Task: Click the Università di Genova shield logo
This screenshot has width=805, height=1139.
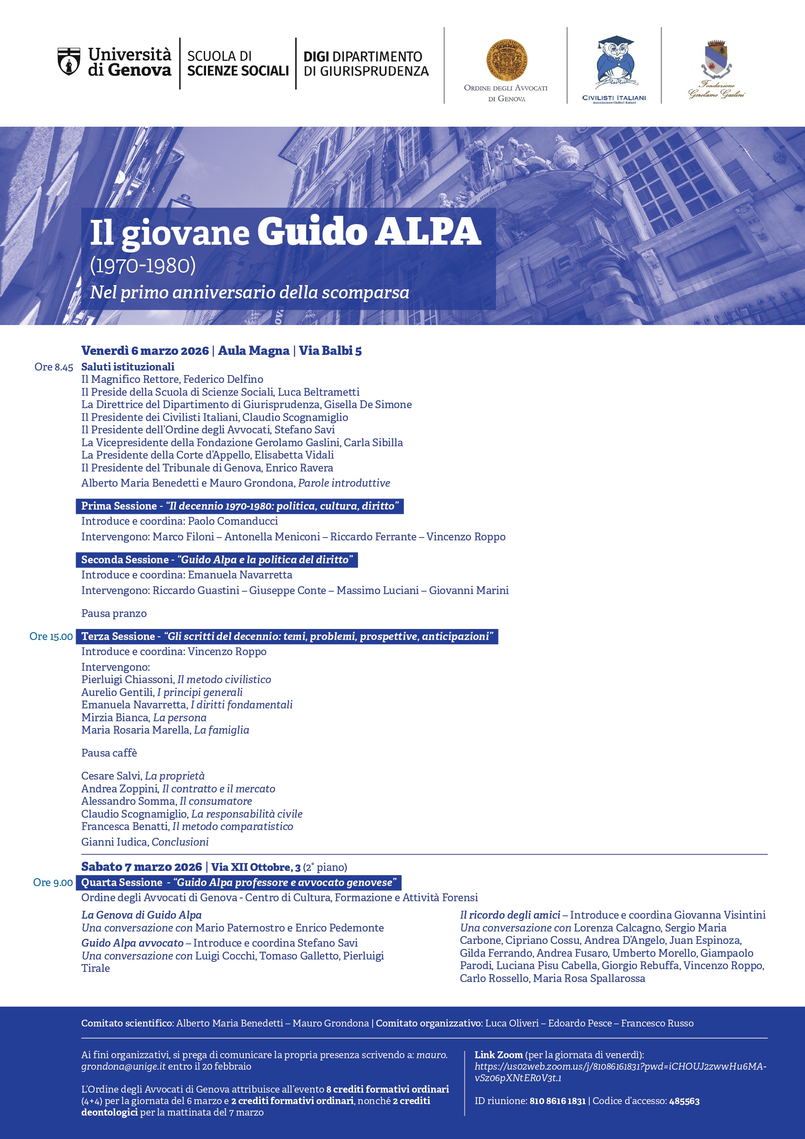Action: coord(69,62)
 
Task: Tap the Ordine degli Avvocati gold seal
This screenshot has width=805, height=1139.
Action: coord(506,61)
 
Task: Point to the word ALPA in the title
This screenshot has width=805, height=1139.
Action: coord(428,232)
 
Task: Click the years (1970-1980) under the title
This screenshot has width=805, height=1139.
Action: coord(143,266)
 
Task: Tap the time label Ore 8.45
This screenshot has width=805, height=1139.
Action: coord(54,367)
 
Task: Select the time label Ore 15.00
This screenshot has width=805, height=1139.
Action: coord(51,636)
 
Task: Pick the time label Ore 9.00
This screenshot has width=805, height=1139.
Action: coord(53,882)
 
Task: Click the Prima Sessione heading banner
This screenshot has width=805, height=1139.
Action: coord(240,506)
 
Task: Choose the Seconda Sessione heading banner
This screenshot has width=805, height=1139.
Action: coord(217,560)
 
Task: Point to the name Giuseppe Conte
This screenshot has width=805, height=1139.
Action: coord(288,590)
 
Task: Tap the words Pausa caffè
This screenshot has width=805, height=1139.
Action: coord(109,753)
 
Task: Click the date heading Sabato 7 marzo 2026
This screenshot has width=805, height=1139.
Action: coord(142,867)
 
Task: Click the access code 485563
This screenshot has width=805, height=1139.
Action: coord(684,1101)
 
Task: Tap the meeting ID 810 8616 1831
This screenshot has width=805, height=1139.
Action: coord(558,1101)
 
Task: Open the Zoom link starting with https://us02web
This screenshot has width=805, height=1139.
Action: coord(620,1072)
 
